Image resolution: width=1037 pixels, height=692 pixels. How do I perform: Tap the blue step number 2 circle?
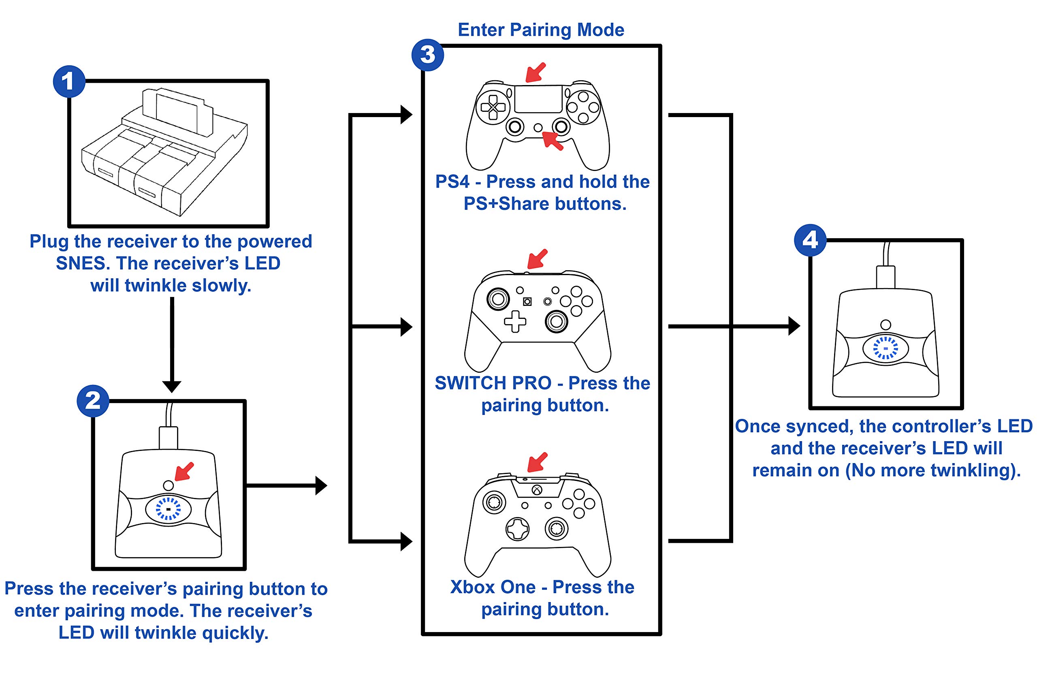point(93,401)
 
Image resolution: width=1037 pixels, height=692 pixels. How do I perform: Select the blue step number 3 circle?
point(428,55)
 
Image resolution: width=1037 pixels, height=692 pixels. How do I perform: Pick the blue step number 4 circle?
point(810,241)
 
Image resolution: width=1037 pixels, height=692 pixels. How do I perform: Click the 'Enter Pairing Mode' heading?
point(541,30)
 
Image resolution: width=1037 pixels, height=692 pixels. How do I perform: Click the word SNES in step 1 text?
point(83,263)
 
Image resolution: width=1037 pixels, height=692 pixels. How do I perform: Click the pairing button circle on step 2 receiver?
point(168,485)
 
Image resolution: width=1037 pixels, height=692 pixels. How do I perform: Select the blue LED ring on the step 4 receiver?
point(886,348)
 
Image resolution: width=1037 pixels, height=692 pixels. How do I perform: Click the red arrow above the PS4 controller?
point(536,73)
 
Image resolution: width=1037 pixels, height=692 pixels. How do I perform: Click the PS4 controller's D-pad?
point(493,107)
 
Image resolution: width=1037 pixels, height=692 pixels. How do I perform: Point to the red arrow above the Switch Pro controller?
point(538,258)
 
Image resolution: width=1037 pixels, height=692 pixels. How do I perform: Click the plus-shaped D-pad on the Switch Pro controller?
point(515,321)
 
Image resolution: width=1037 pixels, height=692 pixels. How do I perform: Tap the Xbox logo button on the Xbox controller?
point(537,490)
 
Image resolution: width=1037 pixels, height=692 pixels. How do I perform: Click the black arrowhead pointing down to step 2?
point(172,387)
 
